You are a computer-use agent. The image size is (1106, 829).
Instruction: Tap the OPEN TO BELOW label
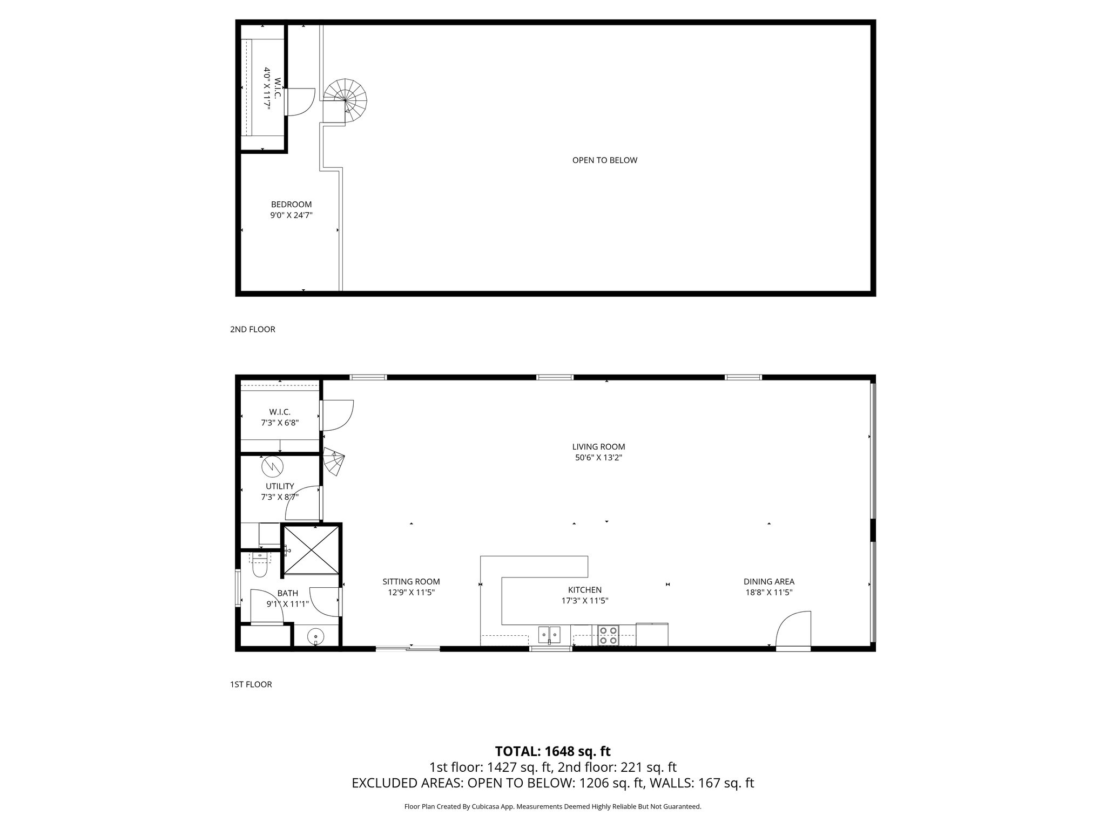(604, 160)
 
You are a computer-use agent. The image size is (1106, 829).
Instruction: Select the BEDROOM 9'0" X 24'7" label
(291, 209)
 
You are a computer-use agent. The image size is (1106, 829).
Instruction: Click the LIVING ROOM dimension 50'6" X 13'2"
(598, 458)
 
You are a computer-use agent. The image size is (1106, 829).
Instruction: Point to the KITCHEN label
(584, 590)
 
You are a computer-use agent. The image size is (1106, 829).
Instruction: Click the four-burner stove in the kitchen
(608, 635)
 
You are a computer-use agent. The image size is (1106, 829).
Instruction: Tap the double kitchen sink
(549, 633)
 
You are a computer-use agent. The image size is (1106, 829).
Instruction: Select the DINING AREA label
(768, 582)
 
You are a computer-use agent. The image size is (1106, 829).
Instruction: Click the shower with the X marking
(311, 551)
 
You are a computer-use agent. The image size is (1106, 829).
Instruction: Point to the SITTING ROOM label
(411, 582)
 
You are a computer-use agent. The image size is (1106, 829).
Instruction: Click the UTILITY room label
(280, 486)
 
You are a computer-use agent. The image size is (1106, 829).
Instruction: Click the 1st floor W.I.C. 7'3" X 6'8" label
(280, 417)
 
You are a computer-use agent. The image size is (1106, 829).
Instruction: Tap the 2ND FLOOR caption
(252, 329)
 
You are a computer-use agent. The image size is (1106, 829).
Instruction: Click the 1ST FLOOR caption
(251, 684)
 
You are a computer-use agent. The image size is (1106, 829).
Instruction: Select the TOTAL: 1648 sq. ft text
(552, 751)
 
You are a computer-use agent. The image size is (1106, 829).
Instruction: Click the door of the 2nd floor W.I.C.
(300, 102)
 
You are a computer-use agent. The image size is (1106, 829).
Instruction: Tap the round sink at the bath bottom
(315, 637)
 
